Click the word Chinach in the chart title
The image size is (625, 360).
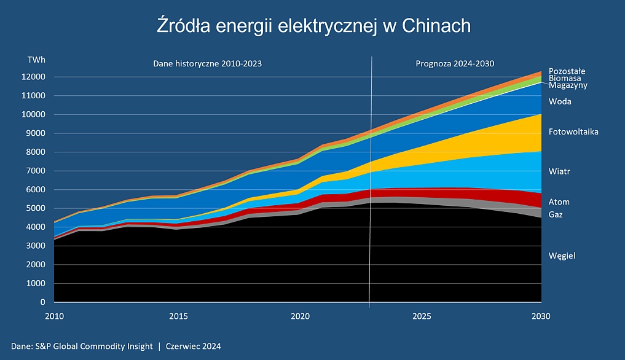click(436, 26)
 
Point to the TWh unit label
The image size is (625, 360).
click(36, 60)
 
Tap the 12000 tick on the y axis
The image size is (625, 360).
click(34, 77)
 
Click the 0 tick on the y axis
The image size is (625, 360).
click(42, 302)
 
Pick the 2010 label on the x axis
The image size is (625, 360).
click(54, 316)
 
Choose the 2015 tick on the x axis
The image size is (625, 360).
click(178, 316)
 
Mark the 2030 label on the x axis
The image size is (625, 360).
click(541, 316)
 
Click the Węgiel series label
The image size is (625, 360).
click(562, 256)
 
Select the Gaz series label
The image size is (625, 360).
click(556, 214)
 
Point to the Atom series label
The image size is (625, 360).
click(559, 202)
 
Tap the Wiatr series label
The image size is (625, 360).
click(559, 171)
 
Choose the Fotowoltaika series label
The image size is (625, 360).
click(573, 131)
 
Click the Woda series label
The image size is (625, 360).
click(560, 101)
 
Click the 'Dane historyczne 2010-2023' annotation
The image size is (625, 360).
click(203, 63)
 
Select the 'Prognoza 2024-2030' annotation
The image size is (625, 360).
click(455, 63)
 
